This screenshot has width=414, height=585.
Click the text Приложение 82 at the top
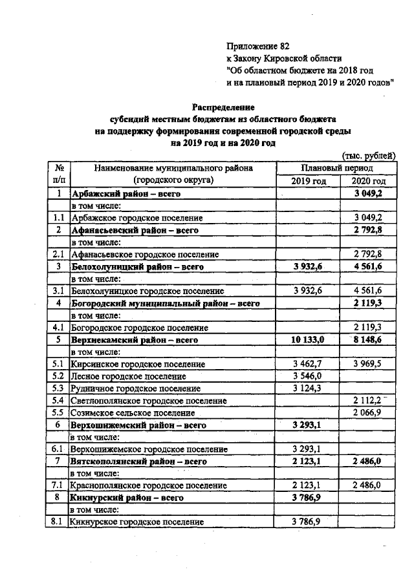click(257, 46)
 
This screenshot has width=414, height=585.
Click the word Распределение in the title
click(223, 107)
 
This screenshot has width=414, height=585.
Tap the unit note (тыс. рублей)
click(368, 155)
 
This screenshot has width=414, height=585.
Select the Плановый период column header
click(336, 168)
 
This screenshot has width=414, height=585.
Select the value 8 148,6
click(368, 339)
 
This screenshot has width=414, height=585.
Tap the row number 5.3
click(58, 388)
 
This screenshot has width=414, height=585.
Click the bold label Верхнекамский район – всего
click(134, 339)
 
